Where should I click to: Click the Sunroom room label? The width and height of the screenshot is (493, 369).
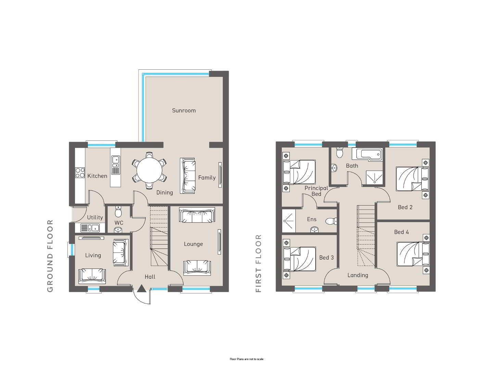pyautogui.click(x=184, y=110)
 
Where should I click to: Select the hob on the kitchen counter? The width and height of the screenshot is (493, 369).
pyautogui.click(x=80, y=173)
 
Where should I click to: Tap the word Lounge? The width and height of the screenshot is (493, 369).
pyautogui.click(x=193, y=244)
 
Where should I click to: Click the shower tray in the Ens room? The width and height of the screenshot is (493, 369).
pyautogui.click(x=289, y=221)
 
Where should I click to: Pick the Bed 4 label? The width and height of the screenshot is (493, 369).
pyautogui.click(x=401, y=232)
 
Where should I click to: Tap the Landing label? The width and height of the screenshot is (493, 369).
pyautogui.click(x=358, y=275)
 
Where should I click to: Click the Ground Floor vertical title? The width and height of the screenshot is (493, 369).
pyautogui.click(x=50, y=256)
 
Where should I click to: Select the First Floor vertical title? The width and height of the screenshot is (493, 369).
pyautogui.click(x=258, y=263)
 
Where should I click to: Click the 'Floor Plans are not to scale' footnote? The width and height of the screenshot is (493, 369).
pyautogui.click(x=246, y=359)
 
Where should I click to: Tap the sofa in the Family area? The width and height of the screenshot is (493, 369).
pyautogui.click(x=187, y=176)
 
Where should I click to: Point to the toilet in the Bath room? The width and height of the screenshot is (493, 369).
pyautogui.click(x=339, y=152)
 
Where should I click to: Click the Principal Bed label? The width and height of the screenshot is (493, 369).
pyautogui.click(x=316, y=191)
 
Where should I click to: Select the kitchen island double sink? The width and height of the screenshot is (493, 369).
pyautogui.click(x=115, y=162)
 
